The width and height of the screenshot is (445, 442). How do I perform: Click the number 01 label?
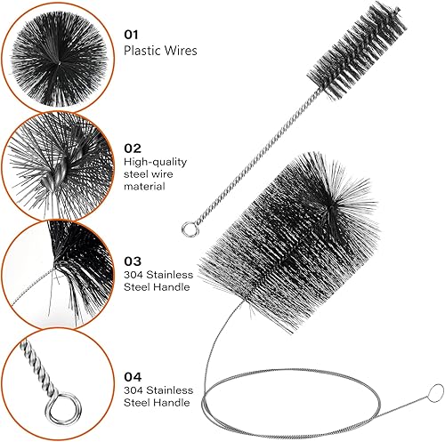pyautogui.click(x=131, y=35)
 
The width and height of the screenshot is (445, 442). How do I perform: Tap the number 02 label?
pyautogui.click(x=133, y=149)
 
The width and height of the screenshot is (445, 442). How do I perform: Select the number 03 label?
pyautogui.click(x=133, y=261)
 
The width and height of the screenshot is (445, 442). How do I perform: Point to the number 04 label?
pyautogui.click(x=133, y=377)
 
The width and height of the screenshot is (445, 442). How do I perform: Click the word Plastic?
pyautogui.click(x=142, y=51)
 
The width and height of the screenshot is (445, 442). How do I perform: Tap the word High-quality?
pyautogui.click(x=156, y=162)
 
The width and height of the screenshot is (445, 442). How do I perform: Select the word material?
pyautogui.click(x=144, y=187)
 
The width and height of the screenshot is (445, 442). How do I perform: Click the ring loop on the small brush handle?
pyautogui.click(x=190, y=229)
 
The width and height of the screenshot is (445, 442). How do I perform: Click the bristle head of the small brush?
pyautogui.click(x=357, y=51)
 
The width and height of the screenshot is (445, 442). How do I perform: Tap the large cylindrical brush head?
pyautogui.click(x=289, y=243)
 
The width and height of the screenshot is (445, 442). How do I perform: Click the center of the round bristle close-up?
pyautogui.click(x=59, y=62)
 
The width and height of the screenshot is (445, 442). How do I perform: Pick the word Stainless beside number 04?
pyautogui.click(x=169, y=390)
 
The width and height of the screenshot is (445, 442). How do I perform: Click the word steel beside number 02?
pyautogui.click(x=135, y=174)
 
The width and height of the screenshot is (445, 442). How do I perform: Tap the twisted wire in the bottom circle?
pyautogui.click(x=37, y=368)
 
